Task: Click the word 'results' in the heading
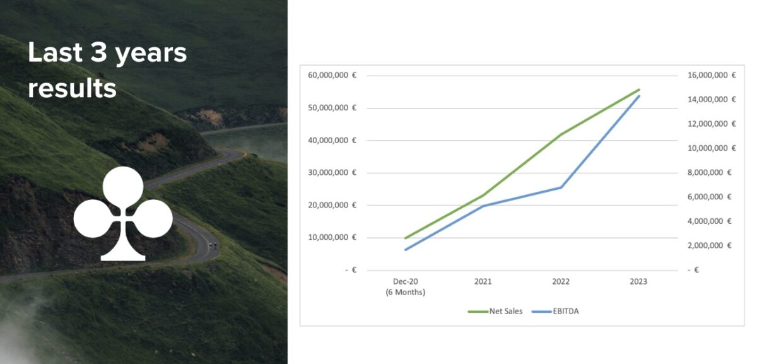(x=73, y=88)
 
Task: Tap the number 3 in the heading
(x=98, y=53)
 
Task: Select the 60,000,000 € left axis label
(x=332, y=75)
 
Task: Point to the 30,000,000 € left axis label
(x=332, y=172)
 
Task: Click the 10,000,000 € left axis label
(x=332, y=237)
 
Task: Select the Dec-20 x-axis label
(x=406, y=282)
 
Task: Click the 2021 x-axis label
(x=483, y=282)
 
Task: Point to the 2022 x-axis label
(x=561, y=282)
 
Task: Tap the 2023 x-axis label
(x=638, y=282)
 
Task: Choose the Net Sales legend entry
(x=495, y=311)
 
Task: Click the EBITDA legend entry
(x=555, y=311)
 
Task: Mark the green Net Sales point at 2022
(x=561, y=134)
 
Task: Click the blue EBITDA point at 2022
(x=561, y=187)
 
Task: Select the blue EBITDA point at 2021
(x=483, y=206)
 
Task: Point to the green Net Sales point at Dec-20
(x=406, y=238)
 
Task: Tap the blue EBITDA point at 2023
(x=638, y=96)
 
